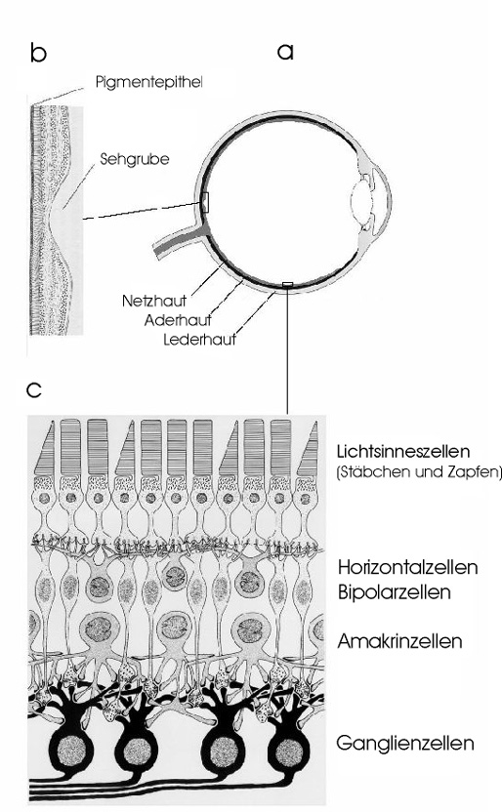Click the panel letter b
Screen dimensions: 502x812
coord(38,53)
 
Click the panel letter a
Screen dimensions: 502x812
coord(285,52)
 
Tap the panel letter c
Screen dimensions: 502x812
coord(33,389)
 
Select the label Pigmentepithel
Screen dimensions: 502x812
coord(148,82)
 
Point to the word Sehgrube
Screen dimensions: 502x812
coord(135,158)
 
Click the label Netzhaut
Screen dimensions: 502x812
coord(154,301)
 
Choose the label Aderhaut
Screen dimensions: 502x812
coord(178,320)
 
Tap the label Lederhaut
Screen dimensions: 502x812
coord(199,340)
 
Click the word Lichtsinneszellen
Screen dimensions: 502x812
coord(403,451)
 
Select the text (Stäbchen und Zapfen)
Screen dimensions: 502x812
coord(419,472)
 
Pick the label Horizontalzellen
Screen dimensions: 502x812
coord(407,567)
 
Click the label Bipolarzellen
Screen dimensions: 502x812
coord(394,591)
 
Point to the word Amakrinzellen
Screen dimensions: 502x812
coord(399,641)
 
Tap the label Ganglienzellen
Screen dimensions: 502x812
coord(405,743)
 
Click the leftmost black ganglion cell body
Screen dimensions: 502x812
coord(71,750)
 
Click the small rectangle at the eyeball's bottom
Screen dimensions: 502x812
coord(287,284)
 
